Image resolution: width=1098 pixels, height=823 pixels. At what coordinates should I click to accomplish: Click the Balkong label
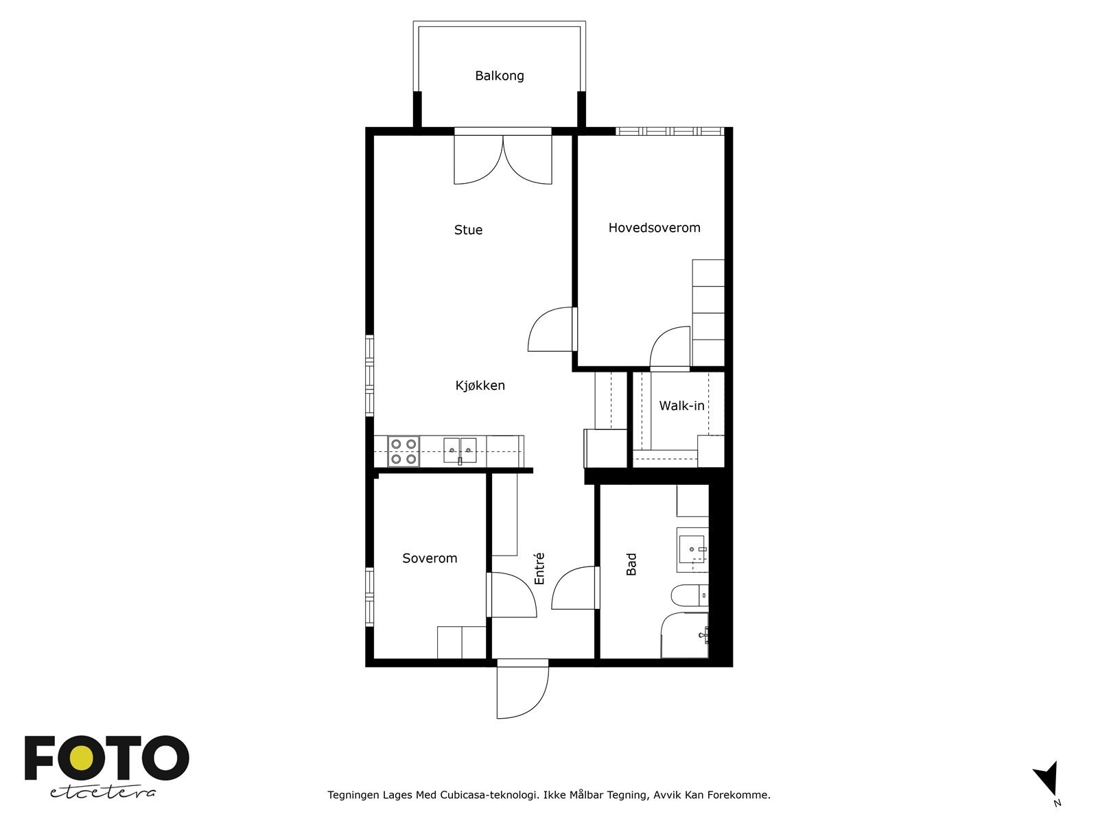tap(499, 76)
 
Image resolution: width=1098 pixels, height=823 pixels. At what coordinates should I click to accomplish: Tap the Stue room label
tap(468, 230)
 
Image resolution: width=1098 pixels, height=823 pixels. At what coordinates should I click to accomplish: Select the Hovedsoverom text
tap(654, 228)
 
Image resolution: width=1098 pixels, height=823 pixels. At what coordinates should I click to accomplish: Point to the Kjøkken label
tap(480, 385)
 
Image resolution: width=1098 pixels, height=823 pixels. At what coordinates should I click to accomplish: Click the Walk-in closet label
tap(681, 406)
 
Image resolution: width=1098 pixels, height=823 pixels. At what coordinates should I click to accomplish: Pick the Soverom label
tap(430, 558)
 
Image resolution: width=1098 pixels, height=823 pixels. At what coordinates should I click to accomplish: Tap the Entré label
tap(539, 569)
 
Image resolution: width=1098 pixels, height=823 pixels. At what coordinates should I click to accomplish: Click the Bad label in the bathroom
tap(631, 564)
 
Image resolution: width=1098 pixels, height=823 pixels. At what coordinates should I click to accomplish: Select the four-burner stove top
tap(404, 451)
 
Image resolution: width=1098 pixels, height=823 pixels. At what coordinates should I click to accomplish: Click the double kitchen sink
tap(460, 450)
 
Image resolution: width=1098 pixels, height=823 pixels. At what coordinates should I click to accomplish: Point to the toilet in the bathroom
tap(690, 595)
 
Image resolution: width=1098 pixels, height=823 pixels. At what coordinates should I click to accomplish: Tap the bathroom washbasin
tap(692, 549)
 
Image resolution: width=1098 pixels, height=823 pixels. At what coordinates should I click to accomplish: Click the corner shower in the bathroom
tap(685, 635)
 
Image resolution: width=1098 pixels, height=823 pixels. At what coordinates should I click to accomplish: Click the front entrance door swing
tap(523, 689)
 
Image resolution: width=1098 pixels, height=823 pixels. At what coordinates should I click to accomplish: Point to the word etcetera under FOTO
tap(103, 793)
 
